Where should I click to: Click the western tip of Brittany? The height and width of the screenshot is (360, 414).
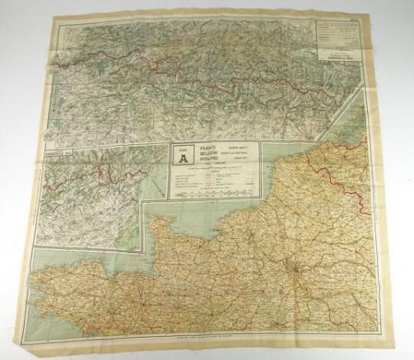[36, 285]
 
